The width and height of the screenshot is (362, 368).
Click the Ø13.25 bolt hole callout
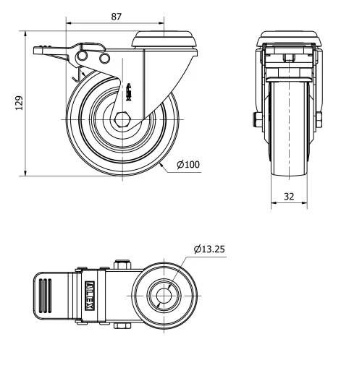[x=210, y=250]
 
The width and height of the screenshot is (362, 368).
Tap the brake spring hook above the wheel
[x=78, y=70]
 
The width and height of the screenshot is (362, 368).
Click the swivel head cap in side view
[x=165, y=38]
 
